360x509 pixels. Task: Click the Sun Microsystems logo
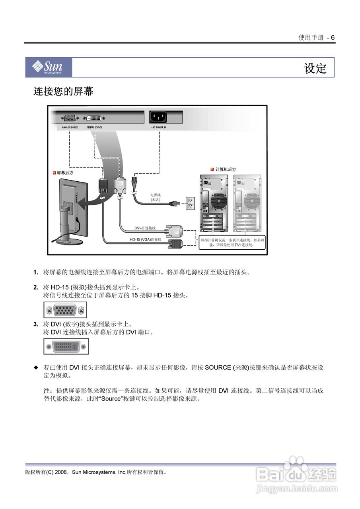[49, 67]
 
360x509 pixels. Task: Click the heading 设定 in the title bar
[315, 68]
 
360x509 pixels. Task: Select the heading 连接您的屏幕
[63, 91]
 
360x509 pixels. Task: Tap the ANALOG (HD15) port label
[70, 128]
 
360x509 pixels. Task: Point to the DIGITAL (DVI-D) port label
[94, 128]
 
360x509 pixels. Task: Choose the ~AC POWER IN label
[158, 128]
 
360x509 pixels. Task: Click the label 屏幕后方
[65, 173]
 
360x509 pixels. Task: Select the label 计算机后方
[225, 169]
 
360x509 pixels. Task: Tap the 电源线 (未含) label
[155, 197]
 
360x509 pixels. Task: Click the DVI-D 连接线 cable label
[145, 228]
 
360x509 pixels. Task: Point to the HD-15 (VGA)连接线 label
[146, 239]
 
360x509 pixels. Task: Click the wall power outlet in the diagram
[190, 204]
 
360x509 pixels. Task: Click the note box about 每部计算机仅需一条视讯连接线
[232, 243]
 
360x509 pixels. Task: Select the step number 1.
[35, 272]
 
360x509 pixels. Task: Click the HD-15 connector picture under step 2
[65, 310]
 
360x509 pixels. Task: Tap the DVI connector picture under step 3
[66, 346]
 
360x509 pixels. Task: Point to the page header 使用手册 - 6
[317, 38]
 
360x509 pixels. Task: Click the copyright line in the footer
[96, 472]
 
